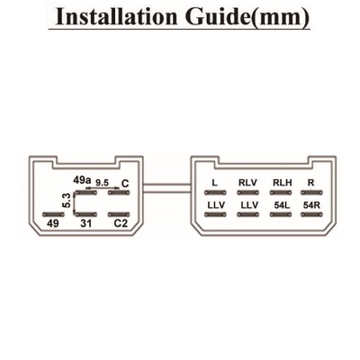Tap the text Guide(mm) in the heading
(247, 17)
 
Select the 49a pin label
(82, 180)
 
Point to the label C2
(121, 223)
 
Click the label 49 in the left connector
(53, 223)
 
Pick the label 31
(86, 223)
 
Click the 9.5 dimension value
(102, 183)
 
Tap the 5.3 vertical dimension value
(67, 201)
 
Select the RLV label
(247, 183)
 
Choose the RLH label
(283, 183)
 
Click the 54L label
(282, 205)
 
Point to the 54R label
(311, 205)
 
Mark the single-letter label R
(311, 183)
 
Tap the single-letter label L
(214, 183)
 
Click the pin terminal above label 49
(53, 214)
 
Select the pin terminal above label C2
(119, 214)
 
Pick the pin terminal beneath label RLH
(281, 193)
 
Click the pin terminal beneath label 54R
(311, 214)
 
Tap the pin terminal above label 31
(86, 214)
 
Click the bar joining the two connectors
(167, 188)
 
